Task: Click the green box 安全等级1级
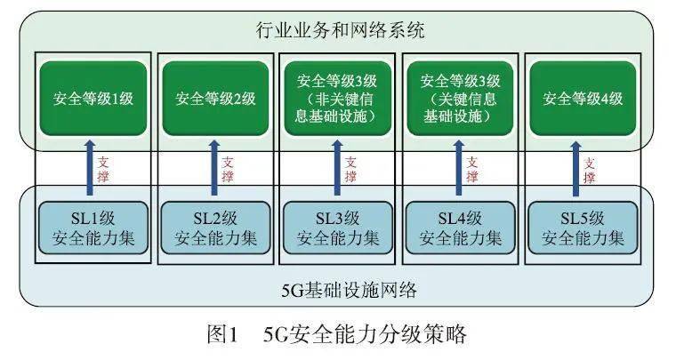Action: pyautogui.click(x=93, y=99)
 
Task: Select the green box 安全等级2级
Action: pyautogui.click(x=215, y=99)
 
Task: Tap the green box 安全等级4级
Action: pyautogui.click(x=583, y=99)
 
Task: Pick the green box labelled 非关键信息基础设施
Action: pyautogui.click(x=338, y=99)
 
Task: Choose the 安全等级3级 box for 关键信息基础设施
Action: pyautogui.click(x=460, y=99)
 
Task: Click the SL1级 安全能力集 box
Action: pyautogui.click(x=93, y=228)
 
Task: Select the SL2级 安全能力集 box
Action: pyautogui.click(x=215, y=228)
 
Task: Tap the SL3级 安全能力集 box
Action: pyautogui.click(x=338, y=228)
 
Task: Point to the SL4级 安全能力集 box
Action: pyautogui.click(x=461, y=228)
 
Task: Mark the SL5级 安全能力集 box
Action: pyautogui.click(x=583, y=228)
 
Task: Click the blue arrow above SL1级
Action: pyautogui.click(x=90, y=167)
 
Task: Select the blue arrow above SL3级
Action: pyautogui.click(x=337, y=167)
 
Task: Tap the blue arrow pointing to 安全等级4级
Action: pyautogui.click(x=575, y=168)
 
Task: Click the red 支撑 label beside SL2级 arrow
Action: pyautogui.click(x=227, y=169)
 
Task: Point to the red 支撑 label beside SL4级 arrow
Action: pyautogui.click(x=472, y=169)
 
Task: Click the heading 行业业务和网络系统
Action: pyautogui.click(x=341, y=30)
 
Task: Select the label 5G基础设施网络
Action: pyautogui.click(x=350, y=290)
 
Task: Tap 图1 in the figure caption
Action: pyautogui.click(x=222, y=334)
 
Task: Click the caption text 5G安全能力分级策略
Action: pyautogui.click(x=365, y=334)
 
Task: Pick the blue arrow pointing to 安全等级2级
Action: pyautogui.click(x=214, y=167)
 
